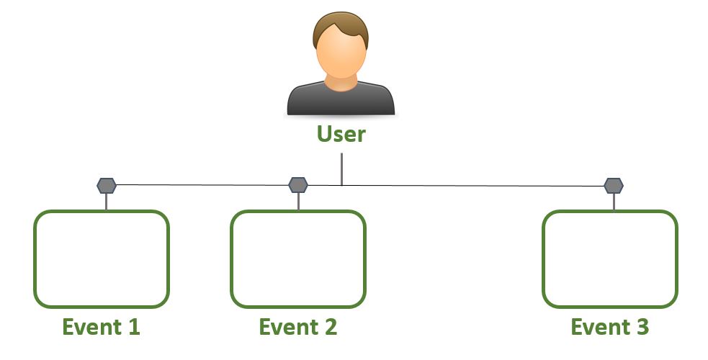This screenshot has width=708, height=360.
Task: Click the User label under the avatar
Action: (341, 134)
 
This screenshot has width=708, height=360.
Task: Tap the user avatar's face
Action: (341, 53)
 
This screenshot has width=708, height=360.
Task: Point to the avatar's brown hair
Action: (341, 27)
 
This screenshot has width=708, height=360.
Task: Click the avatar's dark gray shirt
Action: (341, 99)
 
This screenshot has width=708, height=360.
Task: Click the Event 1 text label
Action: (101, 327)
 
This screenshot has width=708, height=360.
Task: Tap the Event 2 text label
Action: (298, 327)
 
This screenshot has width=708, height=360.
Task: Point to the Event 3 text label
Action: (610, 327)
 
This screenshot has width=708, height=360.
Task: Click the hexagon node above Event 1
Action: (107, 186)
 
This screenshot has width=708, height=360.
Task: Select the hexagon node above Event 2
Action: (298, 185)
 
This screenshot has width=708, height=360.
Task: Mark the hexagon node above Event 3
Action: (614, 186)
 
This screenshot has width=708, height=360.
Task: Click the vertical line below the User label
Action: (342, 169)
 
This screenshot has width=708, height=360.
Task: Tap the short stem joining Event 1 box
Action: (106, 202)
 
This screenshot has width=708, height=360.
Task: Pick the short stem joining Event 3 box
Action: (614, 202)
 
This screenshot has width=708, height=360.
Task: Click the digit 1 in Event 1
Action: (134, 327)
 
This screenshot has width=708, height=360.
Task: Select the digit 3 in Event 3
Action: (642, 327)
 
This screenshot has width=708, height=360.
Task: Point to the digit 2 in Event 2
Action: (331, 327)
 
